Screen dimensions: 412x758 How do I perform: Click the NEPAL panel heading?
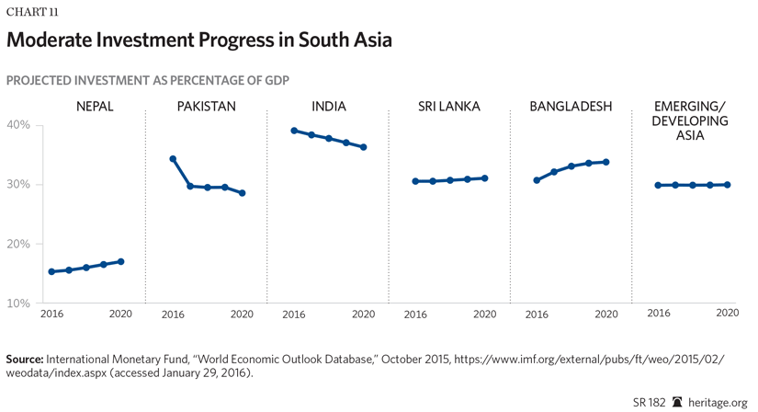tap(95, 107)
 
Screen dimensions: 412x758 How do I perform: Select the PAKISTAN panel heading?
tap(206, 107)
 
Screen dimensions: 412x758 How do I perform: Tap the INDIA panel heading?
tap(328, 107)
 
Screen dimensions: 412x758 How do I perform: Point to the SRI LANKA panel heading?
tap(449, 107)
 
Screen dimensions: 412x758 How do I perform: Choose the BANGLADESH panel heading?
tap(571, 107)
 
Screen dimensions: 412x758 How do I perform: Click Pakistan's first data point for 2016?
tap(173, 159)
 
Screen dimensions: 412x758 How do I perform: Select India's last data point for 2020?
tap(364, 147)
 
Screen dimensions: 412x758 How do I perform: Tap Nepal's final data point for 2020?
tap(121, 262)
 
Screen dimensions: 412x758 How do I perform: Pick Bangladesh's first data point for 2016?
tap(537, 180)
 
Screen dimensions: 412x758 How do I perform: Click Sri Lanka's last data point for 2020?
tap(485, 178)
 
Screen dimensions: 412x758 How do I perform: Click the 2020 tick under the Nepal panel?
tap(121, 315)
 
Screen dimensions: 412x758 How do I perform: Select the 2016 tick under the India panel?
tap(294, 315)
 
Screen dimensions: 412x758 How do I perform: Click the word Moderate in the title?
tap(58, 40)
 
